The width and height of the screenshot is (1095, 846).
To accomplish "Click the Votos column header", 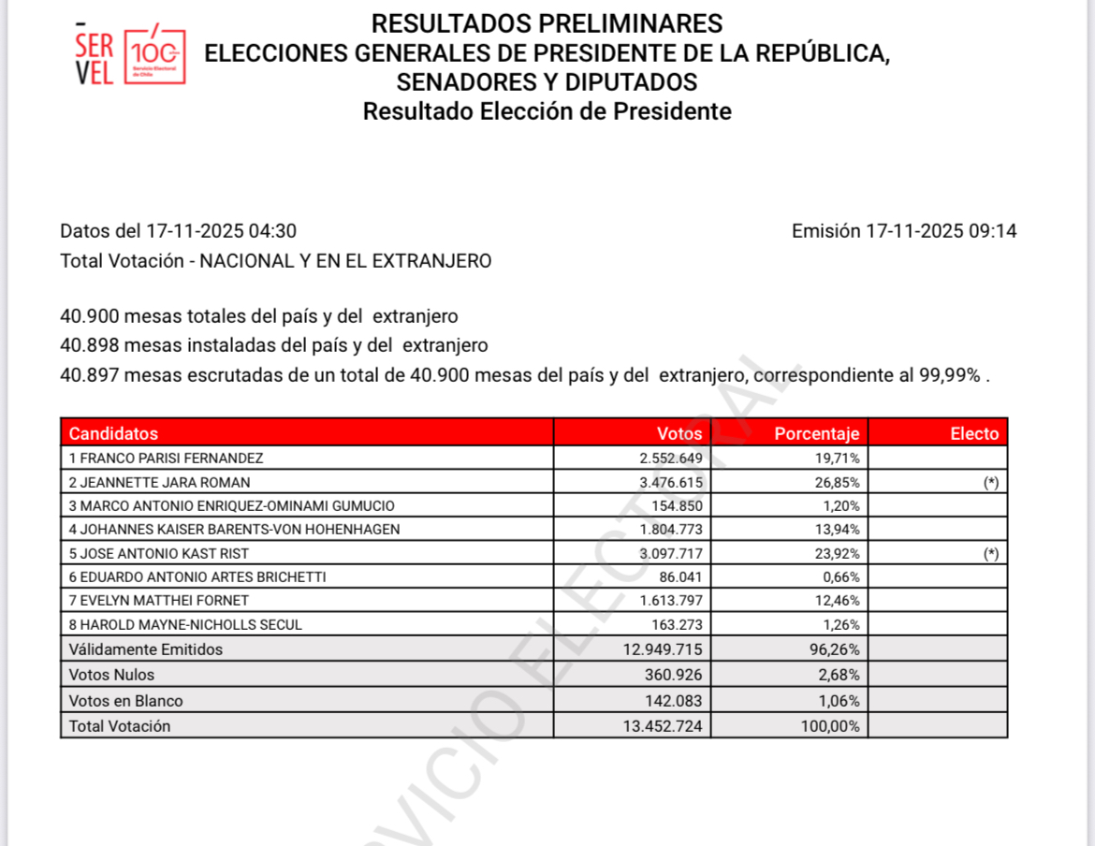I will [679, 433].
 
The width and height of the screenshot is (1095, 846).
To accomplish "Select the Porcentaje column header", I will [816, 433].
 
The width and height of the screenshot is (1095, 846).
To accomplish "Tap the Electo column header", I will [974, 433].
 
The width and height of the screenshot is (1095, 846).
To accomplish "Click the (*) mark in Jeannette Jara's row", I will [990, 482].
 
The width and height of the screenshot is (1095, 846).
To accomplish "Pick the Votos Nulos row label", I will [111, 674].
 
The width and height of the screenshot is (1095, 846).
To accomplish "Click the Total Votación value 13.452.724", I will [663, 725].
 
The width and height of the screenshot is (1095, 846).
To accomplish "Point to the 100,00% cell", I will [830, 725].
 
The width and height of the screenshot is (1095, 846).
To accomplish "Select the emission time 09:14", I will [995, 231].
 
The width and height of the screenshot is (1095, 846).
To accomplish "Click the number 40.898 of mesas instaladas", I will [89, 345].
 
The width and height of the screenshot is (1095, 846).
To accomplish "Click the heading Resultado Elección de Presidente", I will [547, 111].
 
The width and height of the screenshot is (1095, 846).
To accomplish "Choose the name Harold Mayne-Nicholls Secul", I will [185, 624].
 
